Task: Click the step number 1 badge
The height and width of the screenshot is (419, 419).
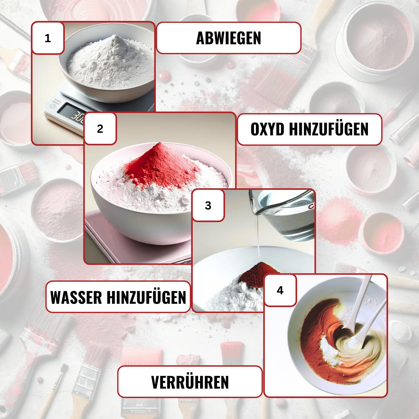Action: click(x=48, y=38)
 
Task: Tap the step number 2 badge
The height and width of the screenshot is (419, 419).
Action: click(x=100, y=129)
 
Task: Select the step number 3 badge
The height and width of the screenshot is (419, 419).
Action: click(x=208, y=206)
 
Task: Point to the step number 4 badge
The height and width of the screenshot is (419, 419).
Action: click(x=280, y=290)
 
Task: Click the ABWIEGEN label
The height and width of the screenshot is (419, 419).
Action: click(x=229, y=38)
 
